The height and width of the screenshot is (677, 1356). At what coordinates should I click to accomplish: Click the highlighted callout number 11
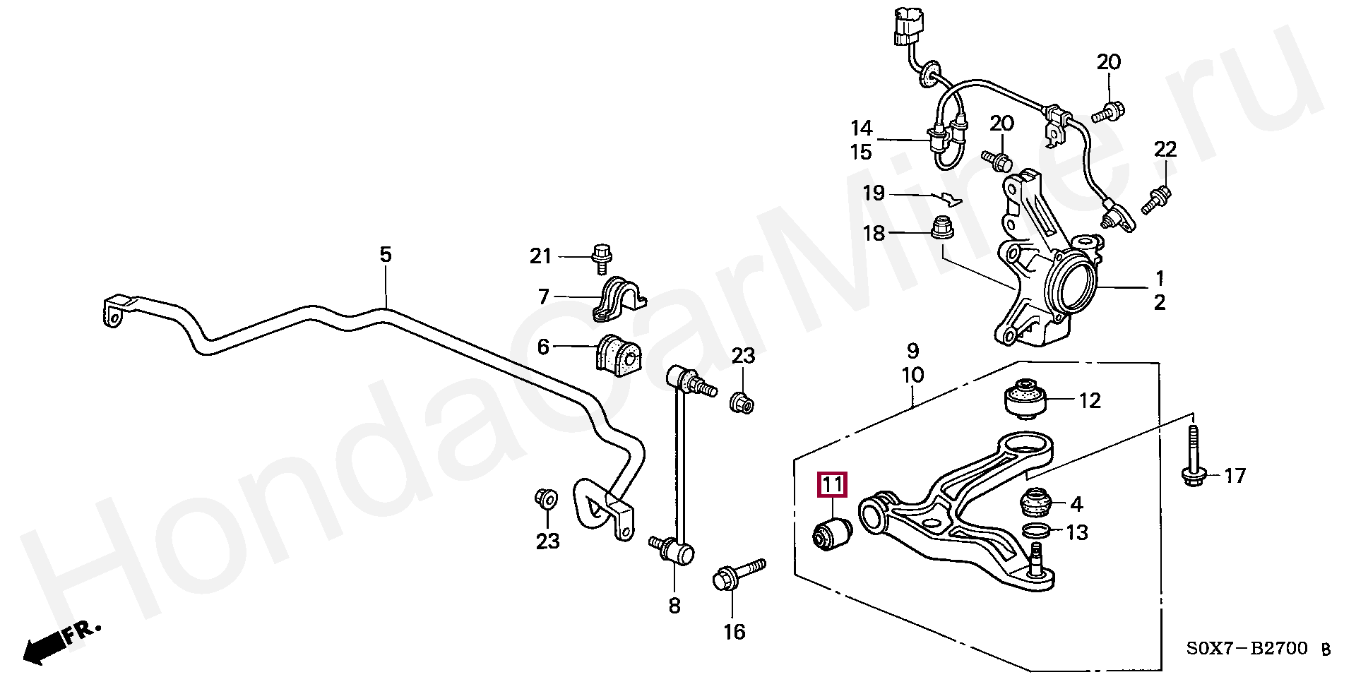pyautogui.click(x=831, y=485)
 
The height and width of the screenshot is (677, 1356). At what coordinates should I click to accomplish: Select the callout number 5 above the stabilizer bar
pyautogui.click(x=385, y=255)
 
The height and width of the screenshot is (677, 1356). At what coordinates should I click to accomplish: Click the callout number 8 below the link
pyautogui.click(x=674, y=605)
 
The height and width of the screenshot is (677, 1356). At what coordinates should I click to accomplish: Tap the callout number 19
pyautogui.click(x=874, y=193)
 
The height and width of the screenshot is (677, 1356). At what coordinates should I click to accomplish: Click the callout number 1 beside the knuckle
pyautogui.click(x=1159, y=277)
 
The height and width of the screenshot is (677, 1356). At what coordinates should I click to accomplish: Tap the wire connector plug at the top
pyautogui.click(x=906, y=27)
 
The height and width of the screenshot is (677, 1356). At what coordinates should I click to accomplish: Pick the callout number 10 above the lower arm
pyautogui.click(x=912, y=375)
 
